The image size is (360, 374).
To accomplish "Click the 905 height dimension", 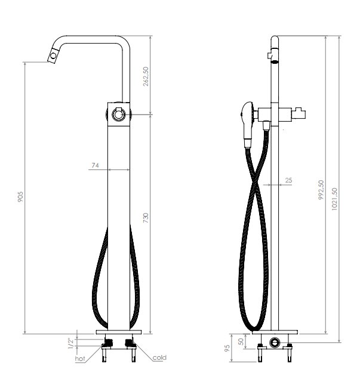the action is coord(20,197).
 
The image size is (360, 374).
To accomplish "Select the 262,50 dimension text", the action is coord(146,76).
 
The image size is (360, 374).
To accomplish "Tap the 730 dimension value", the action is coord(146,218).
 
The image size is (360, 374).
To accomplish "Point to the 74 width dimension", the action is coord(96,165).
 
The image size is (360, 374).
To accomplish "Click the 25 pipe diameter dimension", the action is coord(288,180).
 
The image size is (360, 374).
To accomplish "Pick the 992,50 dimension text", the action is coord(321,190).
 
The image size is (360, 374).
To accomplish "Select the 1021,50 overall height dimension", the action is coord(334,199).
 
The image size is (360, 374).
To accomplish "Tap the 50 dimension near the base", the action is coord(241,341).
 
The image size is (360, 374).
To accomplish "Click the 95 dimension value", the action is coord(227,348).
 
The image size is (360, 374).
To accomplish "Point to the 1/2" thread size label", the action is coord(71,344).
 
